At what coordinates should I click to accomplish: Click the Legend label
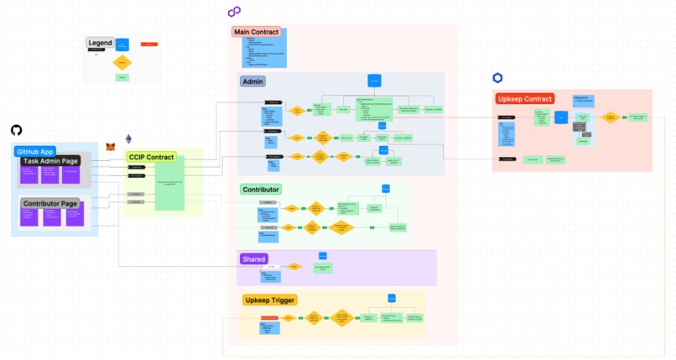pyautogui.click(x=100, y=43)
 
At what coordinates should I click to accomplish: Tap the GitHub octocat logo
pyautogui.click(x=16, y=130)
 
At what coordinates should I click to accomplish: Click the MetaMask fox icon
pyautogui.click(x=111, y=146)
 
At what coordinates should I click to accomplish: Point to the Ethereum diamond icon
pyautogui.click(x=128, y=138)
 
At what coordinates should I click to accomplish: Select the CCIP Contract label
pyautogui.click(x=151, y=157)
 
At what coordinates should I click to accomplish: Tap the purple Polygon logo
pyautogui.click(x=234, y=12)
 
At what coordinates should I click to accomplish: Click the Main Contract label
pyautogui.click(x=256, y=32)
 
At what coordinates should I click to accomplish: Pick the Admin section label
pyautogui.click(x=252, y=81)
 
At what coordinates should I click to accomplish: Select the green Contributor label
pyautogui.click(x=260, y=190)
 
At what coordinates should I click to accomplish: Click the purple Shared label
pyautogui.click(x=253, y=259)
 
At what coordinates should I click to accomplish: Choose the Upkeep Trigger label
pyautogui.click(x=269, y=300)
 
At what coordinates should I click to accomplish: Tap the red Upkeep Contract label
pyautogui.click(x=525, y=98)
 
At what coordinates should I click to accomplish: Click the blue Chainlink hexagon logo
pyautogui.click(x=497, y=78)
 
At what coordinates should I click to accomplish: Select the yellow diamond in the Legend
pyautogui.click(x=122, y=62)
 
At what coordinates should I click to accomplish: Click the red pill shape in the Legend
pyautogui.click(x=148, y=44)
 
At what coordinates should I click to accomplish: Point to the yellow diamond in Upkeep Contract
pyautogui.click(x=611, y=117)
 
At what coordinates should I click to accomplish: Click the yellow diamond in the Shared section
pyautogui.click(x=294, y=267)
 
